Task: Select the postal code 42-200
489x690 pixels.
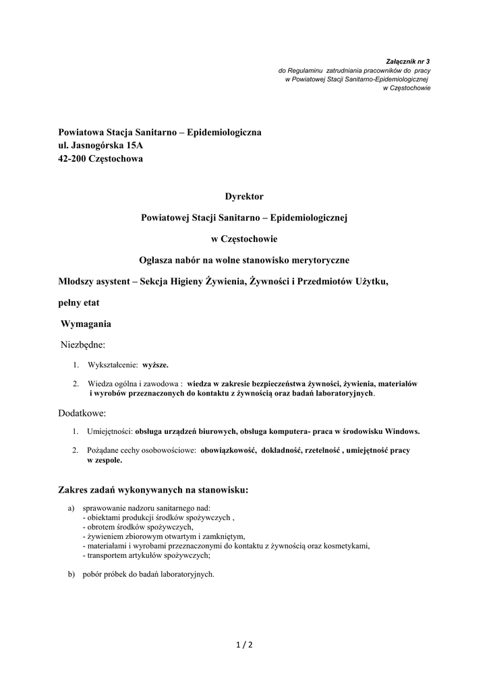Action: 72,158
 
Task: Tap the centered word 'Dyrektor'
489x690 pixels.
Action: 244,196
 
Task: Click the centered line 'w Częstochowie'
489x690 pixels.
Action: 244,239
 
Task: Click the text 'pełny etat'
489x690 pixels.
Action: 79,303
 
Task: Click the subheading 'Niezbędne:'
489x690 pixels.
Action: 83,345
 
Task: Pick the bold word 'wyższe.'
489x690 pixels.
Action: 155,365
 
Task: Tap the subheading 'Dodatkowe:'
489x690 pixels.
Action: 83,412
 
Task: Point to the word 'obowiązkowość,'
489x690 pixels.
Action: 229,450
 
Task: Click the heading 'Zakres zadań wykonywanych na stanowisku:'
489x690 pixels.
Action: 154,490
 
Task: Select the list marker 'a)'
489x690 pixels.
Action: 71,508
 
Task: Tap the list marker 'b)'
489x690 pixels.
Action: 71,575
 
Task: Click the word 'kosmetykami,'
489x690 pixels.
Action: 347,546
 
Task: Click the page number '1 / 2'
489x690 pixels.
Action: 244,645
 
